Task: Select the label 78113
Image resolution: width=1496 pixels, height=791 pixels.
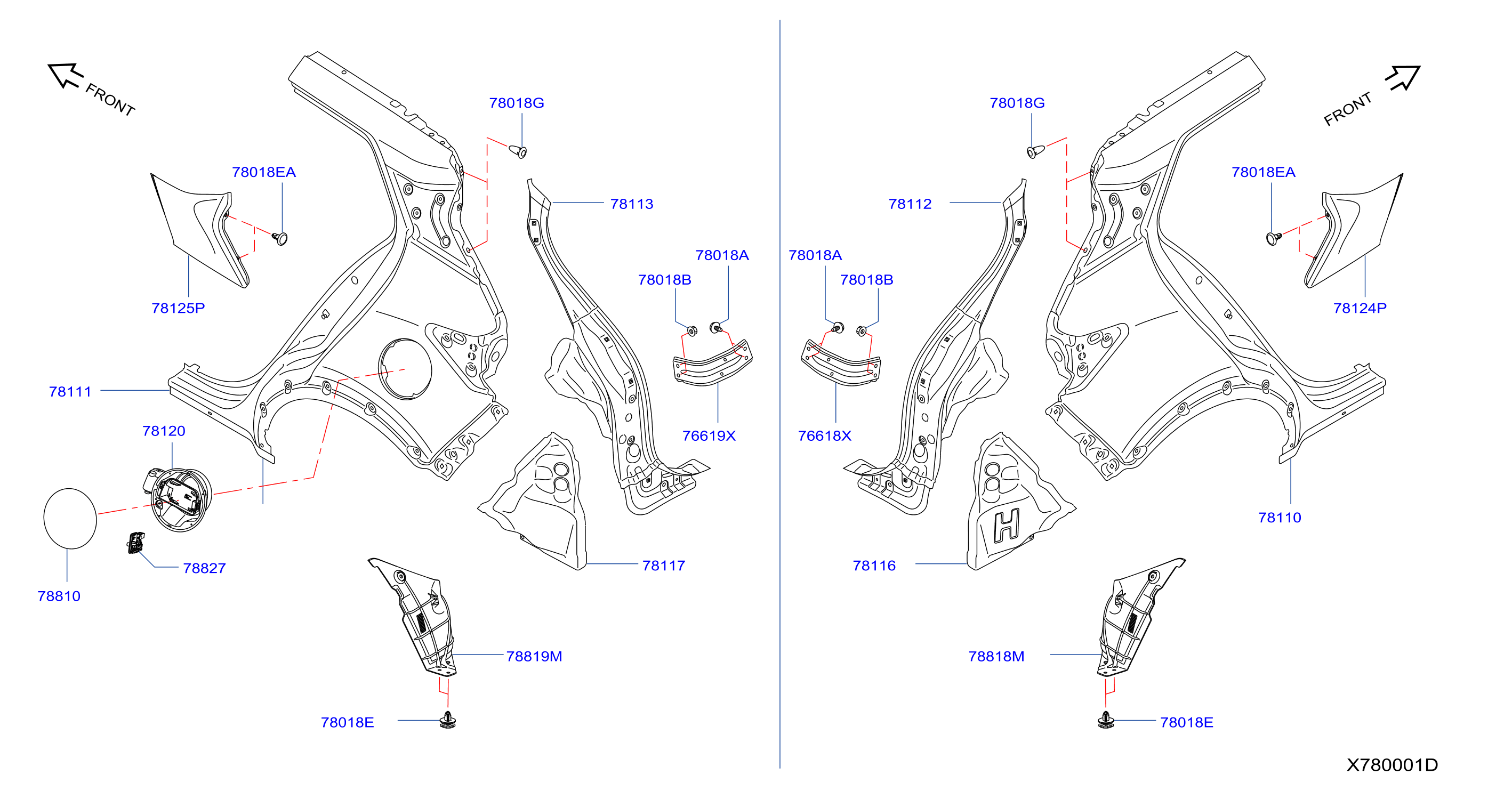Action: point(632,204)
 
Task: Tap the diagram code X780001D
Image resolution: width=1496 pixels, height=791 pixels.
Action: point(1392,765)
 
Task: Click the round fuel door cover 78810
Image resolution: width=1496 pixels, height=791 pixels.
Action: point(70,519)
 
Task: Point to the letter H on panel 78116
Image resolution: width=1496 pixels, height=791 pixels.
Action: point(1007,526)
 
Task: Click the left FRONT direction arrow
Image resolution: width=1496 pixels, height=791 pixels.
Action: point(65,76)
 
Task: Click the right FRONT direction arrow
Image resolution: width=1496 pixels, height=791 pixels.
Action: point(1403,78)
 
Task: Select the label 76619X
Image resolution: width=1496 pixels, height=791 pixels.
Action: point(709,435)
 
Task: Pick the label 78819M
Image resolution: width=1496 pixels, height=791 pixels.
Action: point(534,656)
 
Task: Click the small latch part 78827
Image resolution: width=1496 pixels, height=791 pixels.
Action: point(135,543)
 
